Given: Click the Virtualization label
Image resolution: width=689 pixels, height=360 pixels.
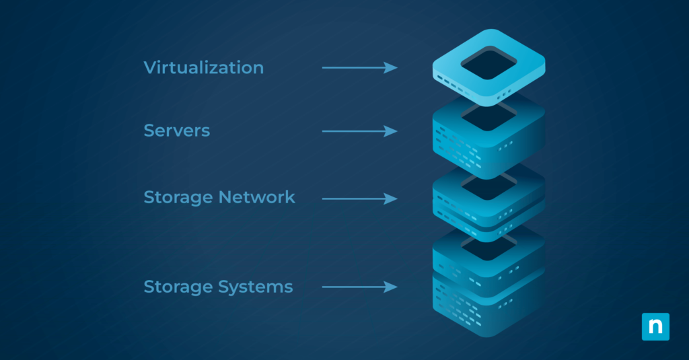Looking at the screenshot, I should click(203, 68).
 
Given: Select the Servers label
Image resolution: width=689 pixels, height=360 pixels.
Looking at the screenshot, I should click(176, 131).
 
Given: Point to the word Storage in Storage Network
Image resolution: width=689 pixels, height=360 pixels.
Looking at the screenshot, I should click(178, 197).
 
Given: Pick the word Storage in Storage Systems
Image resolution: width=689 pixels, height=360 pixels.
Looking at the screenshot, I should click(178, 287).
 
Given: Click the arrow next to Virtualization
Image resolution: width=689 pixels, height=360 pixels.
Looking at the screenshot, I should click(359, 67).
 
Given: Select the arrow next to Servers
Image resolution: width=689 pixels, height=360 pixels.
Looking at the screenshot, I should click(359, 131).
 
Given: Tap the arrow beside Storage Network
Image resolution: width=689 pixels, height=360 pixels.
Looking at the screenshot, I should click(359, 199).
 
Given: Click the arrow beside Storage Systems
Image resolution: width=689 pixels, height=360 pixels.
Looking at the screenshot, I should click(359, 287).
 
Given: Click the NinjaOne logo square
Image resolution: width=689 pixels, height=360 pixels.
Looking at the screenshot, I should click(655, 326).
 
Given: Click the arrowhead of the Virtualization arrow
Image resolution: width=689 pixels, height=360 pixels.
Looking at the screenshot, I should click(391, 67).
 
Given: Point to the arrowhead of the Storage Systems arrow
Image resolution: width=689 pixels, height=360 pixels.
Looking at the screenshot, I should click(391, 287).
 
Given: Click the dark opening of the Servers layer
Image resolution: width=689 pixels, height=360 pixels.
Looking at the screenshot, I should click(488, 118).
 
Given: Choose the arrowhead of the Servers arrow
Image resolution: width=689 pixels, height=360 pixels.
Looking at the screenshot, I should click(391, 131).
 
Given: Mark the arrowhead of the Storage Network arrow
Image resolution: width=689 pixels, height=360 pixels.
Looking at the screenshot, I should click(391, 199).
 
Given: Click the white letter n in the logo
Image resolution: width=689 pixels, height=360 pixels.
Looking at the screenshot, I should click(655, 327).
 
